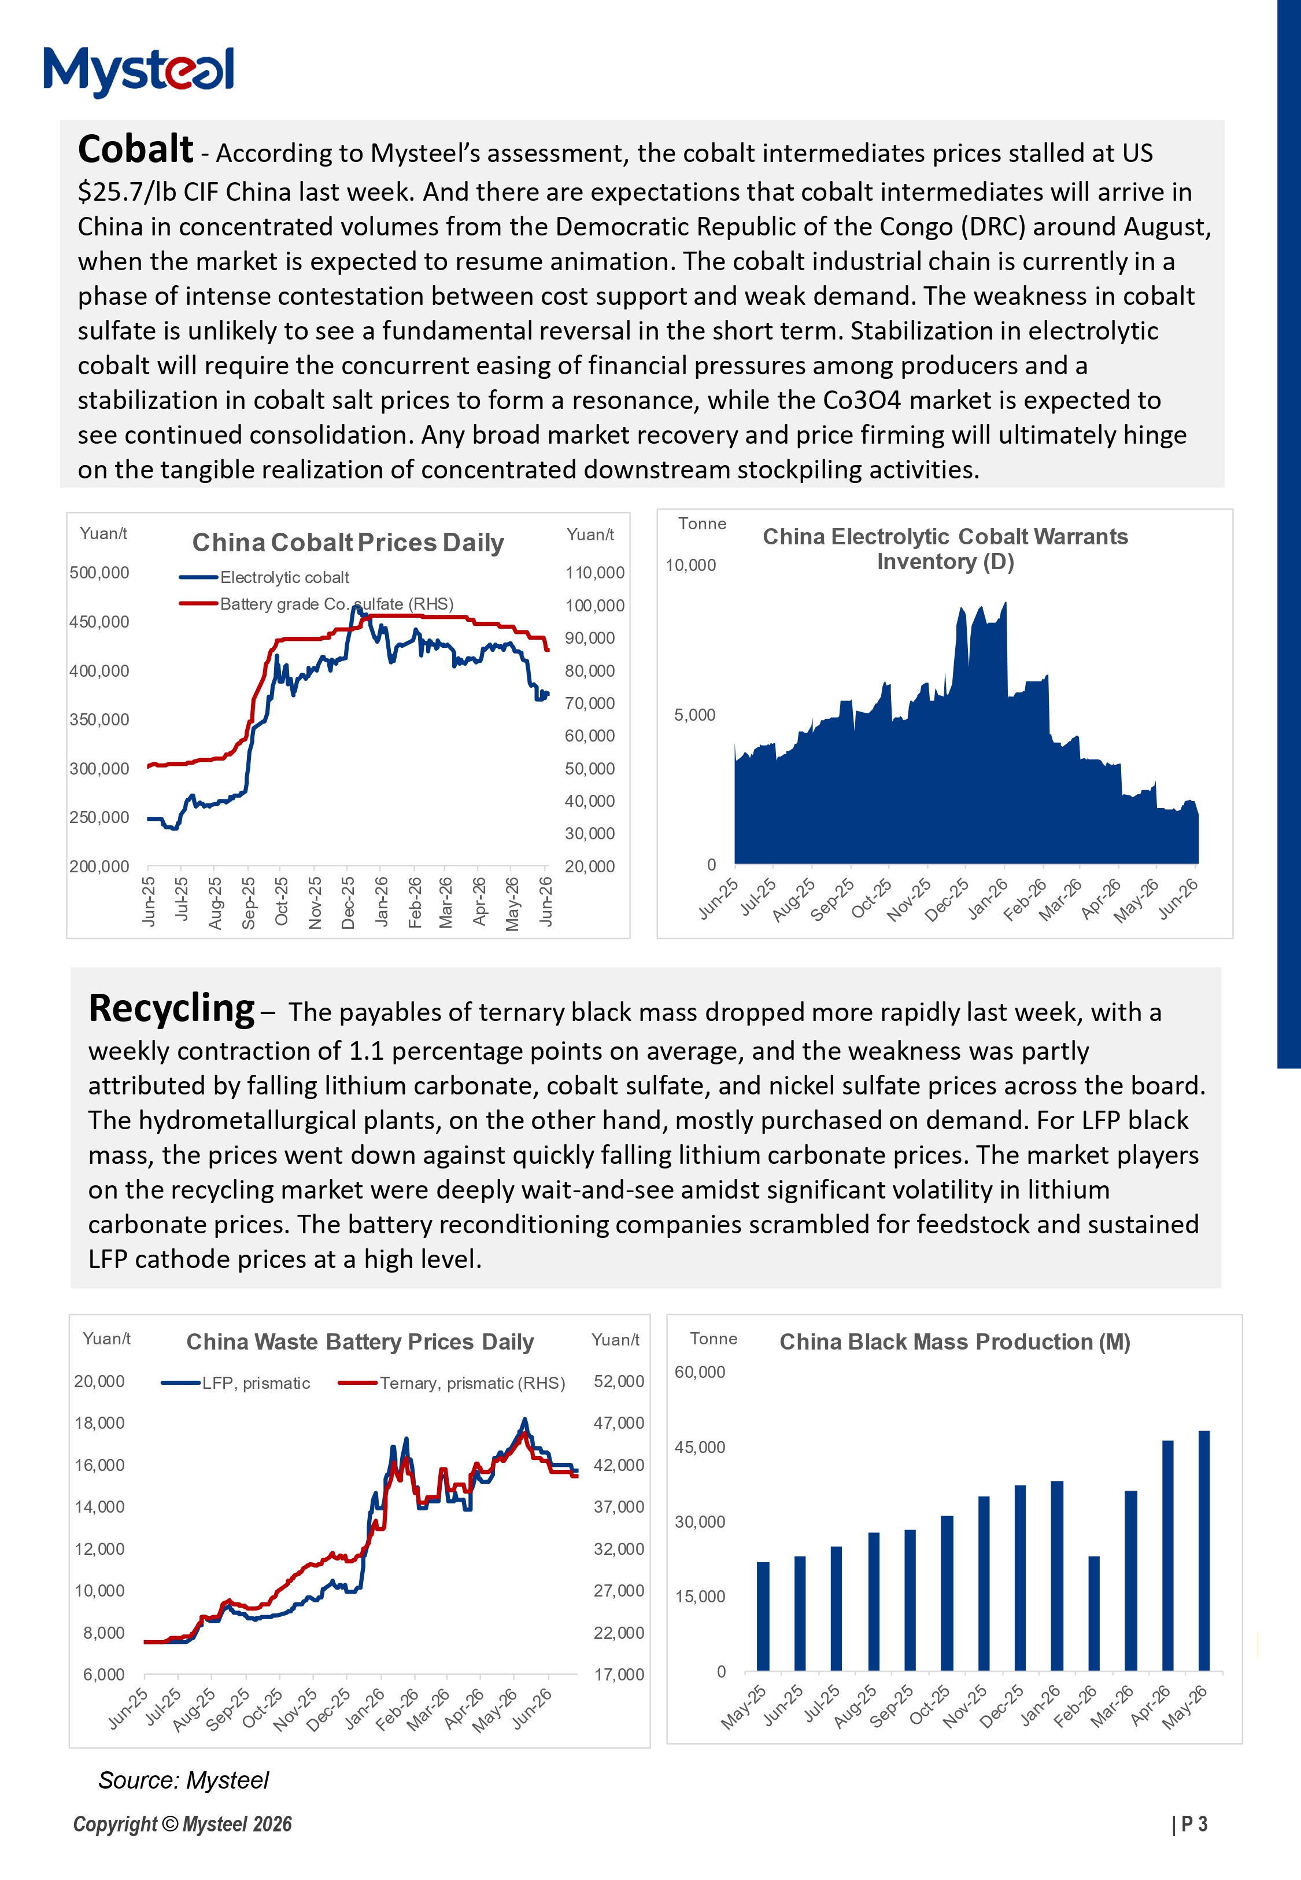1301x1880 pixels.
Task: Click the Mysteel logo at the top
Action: pyautogui.click(x=139, y=71)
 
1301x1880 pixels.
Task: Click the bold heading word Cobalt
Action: pyautogui.click(x=135, y=149)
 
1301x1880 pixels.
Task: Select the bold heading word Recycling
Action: pyautogui.click(x=171, y=1009)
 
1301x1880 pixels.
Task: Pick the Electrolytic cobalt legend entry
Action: pyautogui.click(x=264, y=577)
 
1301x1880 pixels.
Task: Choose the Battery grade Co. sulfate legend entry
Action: pyautogui.click(x=316, y=603)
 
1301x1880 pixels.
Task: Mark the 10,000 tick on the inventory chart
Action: pyautogui.click(x=690, y=565)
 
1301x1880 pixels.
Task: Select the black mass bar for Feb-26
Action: pyautogui.click(x=1094, y=1613)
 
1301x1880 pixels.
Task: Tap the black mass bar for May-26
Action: pyautogui.click(x=1204, y=1551)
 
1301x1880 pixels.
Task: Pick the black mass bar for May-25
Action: pyautogui.click(x=763, y=1616)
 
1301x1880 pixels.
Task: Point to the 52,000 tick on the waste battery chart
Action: pyautogui.click(x=619, y=1381)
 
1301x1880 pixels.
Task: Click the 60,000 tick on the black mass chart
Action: pyautogui.click(x=700, y=1372)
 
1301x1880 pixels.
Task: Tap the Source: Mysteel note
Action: pyautogui.click(x=183, y=1781)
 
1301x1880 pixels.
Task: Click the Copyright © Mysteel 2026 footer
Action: pyautogui.click(x=183, y=1824)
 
